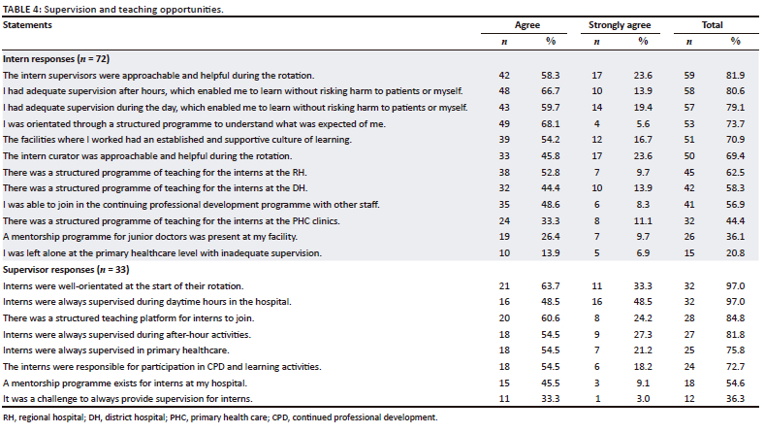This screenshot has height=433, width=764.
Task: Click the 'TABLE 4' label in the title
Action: [22, 8]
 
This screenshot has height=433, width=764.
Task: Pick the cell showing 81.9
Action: [736, 74]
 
